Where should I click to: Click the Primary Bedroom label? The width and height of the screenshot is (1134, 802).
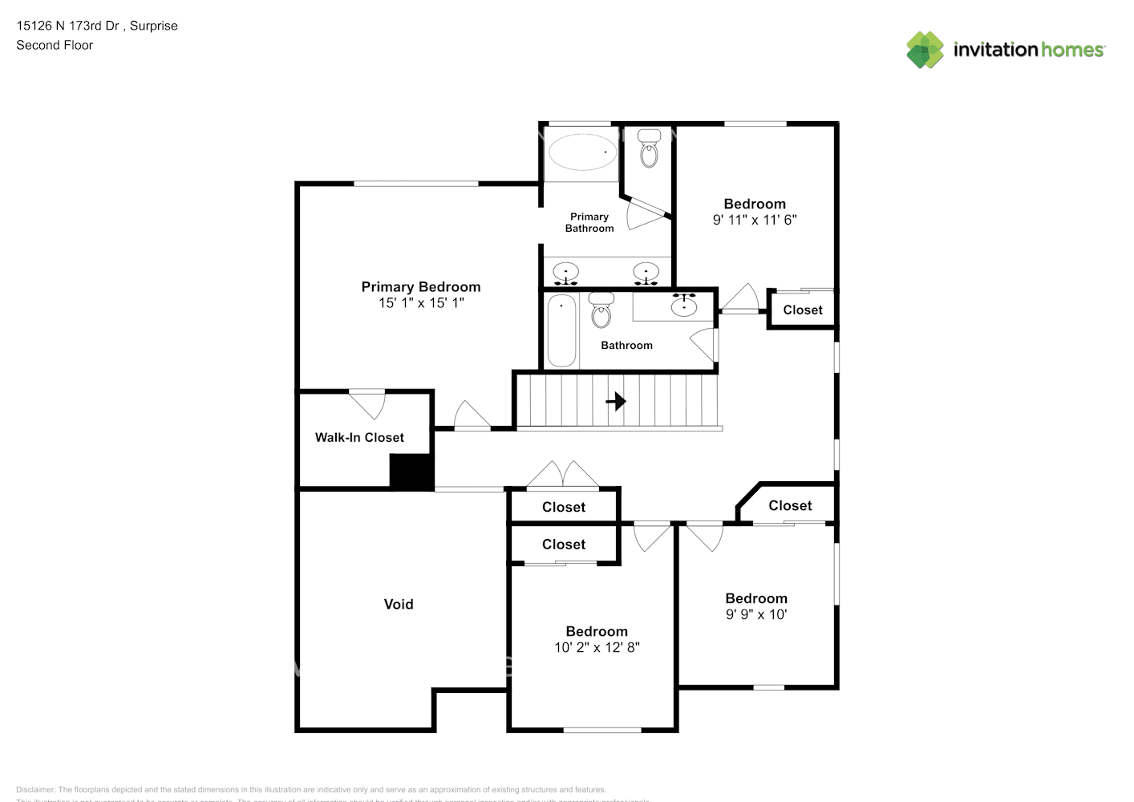(420, 286)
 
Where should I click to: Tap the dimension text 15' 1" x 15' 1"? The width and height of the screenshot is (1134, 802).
(421, 303)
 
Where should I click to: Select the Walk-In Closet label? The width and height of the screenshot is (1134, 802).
(359, 437)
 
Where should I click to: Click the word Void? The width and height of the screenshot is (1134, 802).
(399, 604)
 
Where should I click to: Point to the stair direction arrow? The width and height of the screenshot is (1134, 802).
(616, 400)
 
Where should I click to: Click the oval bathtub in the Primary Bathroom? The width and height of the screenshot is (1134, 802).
(582, 152)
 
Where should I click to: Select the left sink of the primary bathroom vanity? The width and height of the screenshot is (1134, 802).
(567, 273)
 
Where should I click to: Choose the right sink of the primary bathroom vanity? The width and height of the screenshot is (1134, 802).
(646, 273)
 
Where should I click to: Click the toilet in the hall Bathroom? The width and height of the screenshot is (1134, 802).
(601, 310)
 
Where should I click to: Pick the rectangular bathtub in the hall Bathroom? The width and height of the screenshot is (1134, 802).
(561, 330)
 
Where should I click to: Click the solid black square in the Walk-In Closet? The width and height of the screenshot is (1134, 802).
(411, 472)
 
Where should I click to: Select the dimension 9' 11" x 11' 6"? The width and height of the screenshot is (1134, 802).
(755, 220)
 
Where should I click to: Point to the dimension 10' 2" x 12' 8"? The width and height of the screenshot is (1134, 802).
(597, 647)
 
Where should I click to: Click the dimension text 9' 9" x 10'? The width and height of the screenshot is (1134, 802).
(756, 614)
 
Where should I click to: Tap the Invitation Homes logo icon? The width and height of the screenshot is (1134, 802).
(925, 50)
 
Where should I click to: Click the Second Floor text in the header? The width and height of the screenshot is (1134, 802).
(55, 45)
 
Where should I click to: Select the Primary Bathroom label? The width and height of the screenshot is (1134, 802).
(589, 222)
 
